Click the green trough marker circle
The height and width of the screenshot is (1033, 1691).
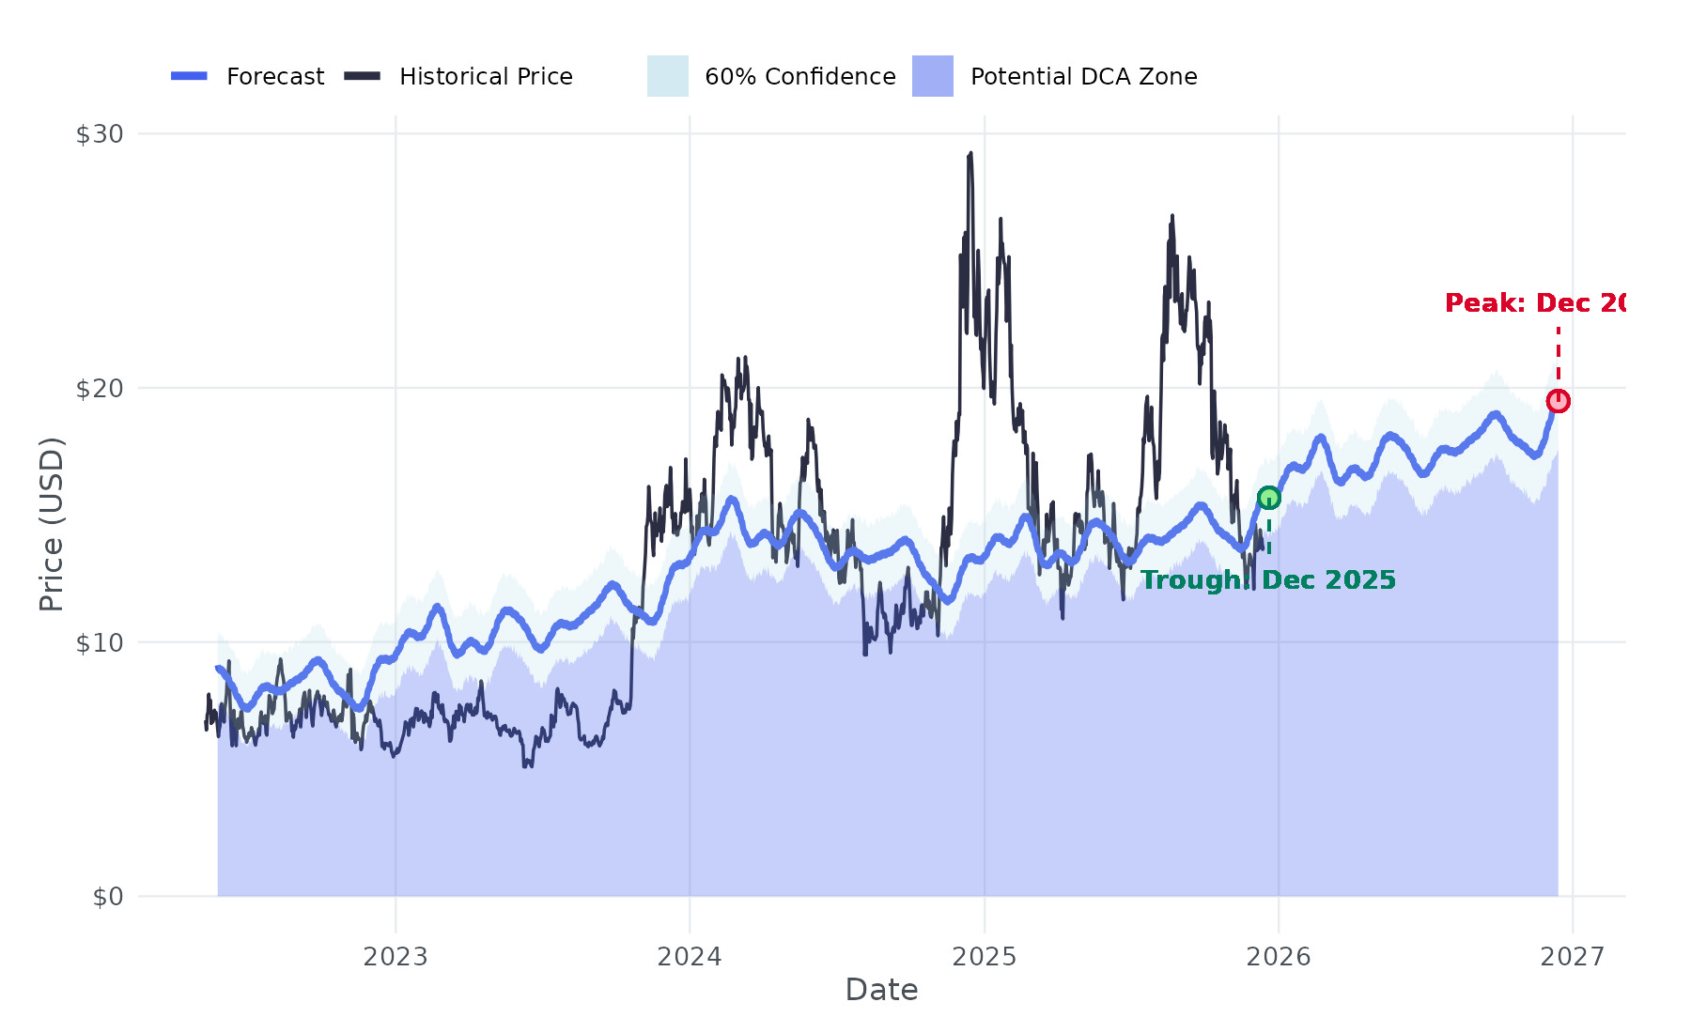pyautogui.click(x=1268, y=498)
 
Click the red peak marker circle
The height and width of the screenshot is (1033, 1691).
pyautogui.click(x=1558, y=401)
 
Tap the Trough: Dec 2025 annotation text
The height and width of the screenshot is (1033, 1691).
pyautogui.click(x=1267, y=580)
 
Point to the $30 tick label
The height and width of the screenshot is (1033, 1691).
pyautogui.click(x=100, y=134)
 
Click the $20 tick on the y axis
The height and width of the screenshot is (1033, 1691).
pyautogui.click(x=100, y=388)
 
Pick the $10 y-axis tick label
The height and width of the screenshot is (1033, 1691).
pyautogui.click(x=100, y=642)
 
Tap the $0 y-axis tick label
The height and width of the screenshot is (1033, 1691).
pyautogui.click(x=108, y=897)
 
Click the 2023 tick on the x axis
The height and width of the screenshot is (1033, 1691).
pyautogui.click(x=396, y=957)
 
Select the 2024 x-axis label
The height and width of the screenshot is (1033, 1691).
pyautogui.click(x=690, y=957)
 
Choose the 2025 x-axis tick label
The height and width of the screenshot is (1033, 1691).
pyautogui.click(x=985, y=957)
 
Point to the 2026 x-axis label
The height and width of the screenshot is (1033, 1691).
pyautogui.click(x=1278, y=957)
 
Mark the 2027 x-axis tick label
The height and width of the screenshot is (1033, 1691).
pyautogui.click(x=1573, y=957)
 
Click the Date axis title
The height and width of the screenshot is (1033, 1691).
pyautogui.click(x=881, y=990)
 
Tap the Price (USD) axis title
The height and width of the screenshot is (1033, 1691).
pyautogui.click(x=52, y=524)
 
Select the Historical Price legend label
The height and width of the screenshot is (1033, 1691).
pyautogui.click(x=486, y=77)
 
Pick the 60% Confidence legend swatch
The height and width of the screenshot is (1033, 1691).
pyautogui.click(x=668, y=76)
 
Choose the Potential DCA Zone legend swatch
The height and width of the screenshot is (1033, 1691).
pyautogui.click(x=933, y=76)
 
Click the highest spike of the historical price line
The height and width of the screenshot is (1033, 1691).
pyautogui.click(x=970, y=154)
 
